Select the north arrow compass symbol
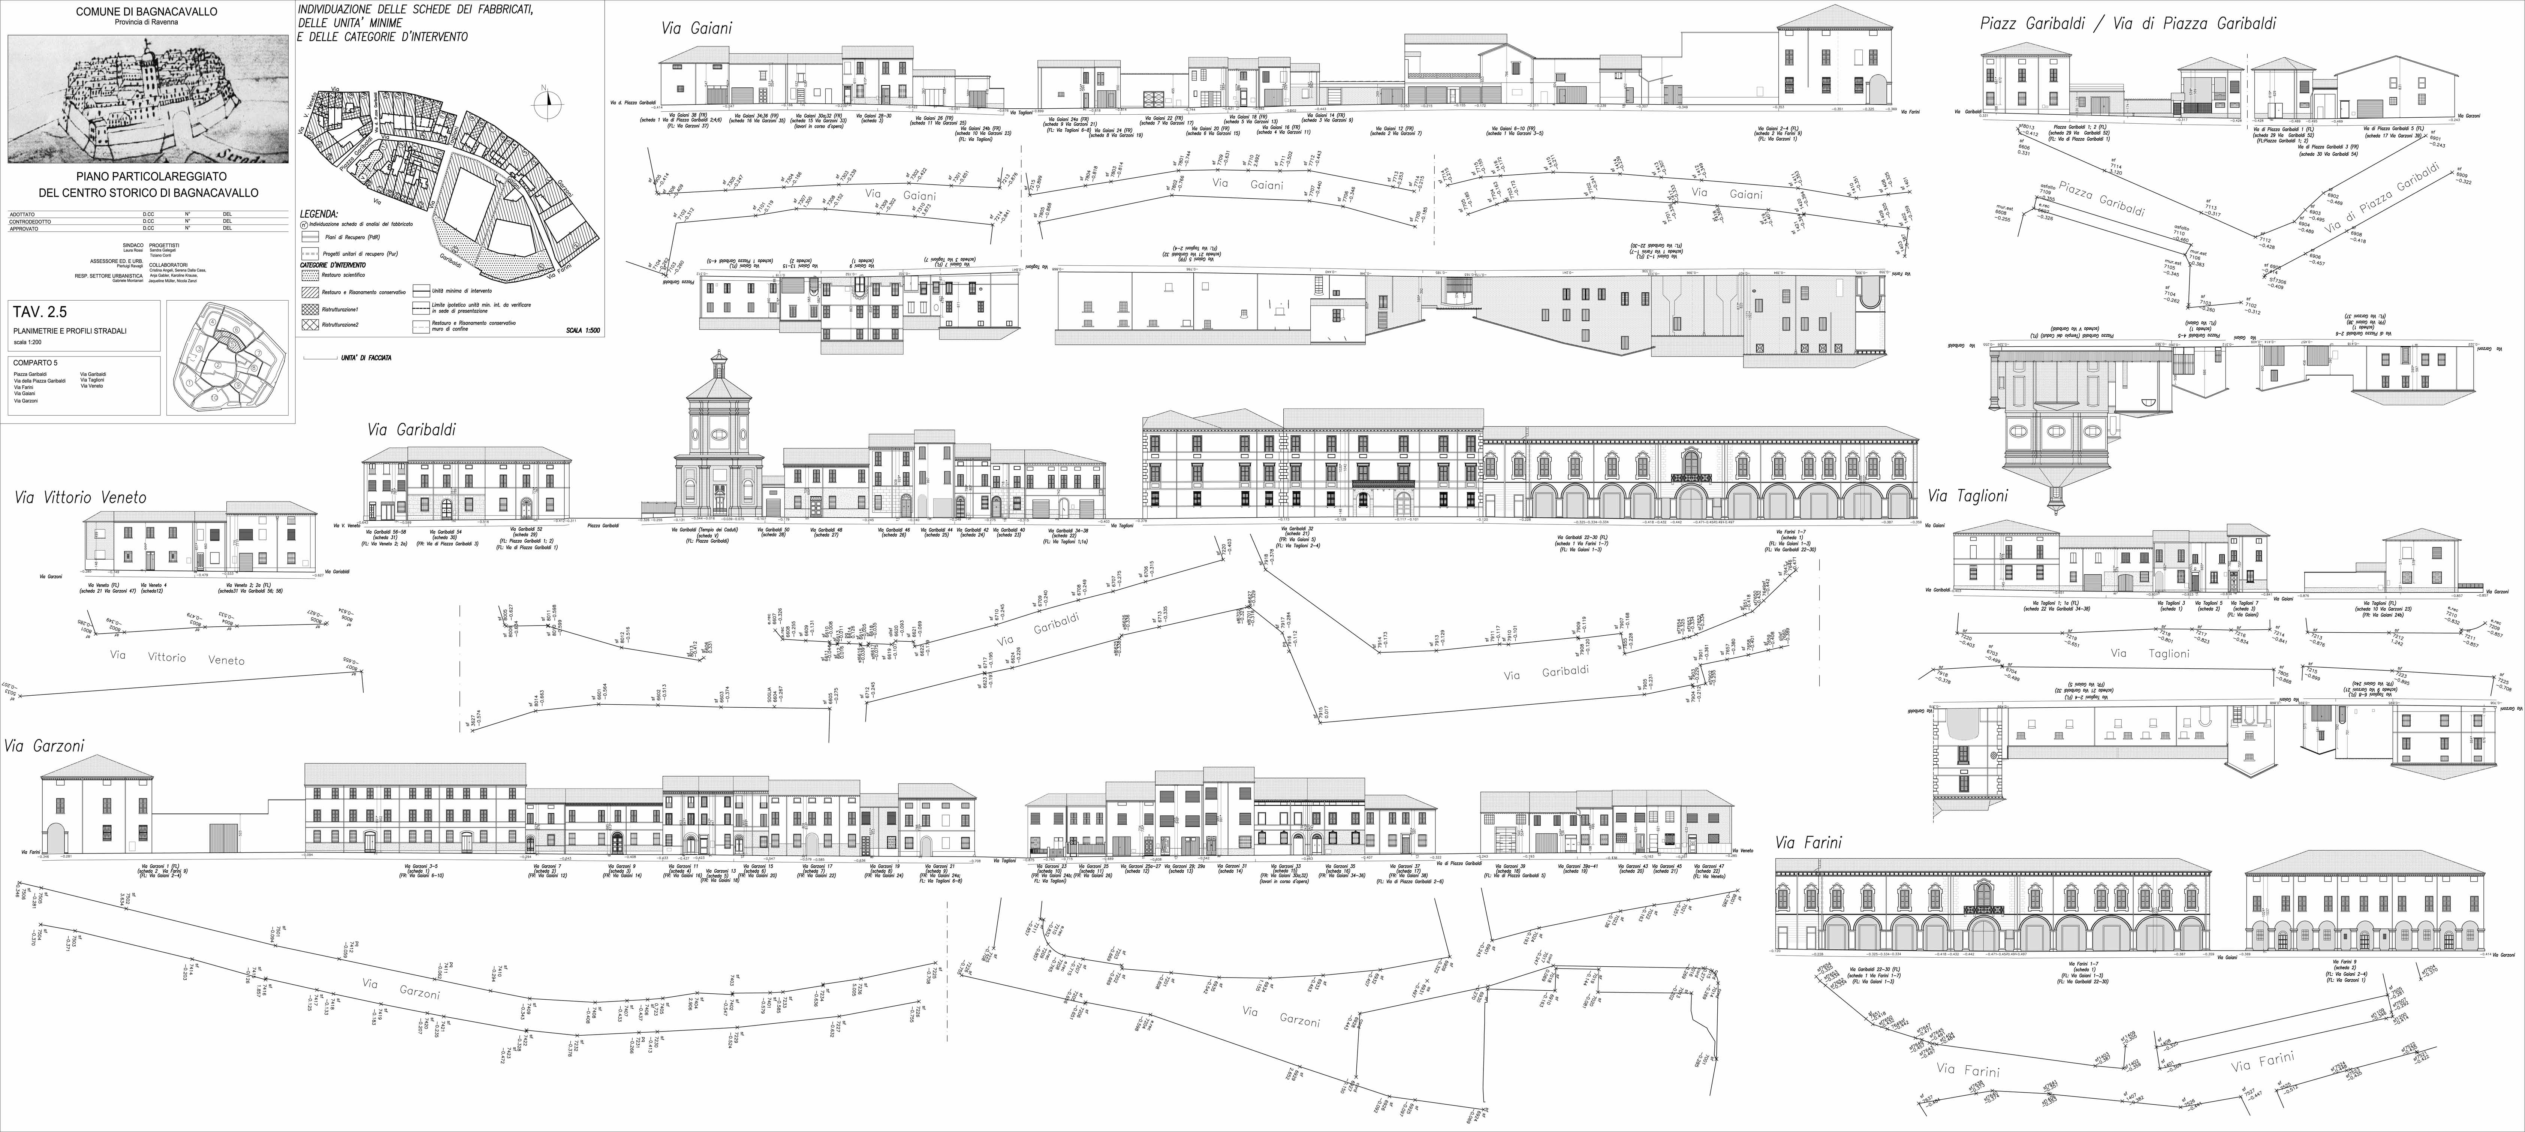549,98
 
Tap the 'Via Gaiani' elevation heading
696,28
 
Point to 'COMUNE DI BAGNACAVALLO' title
147,12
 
